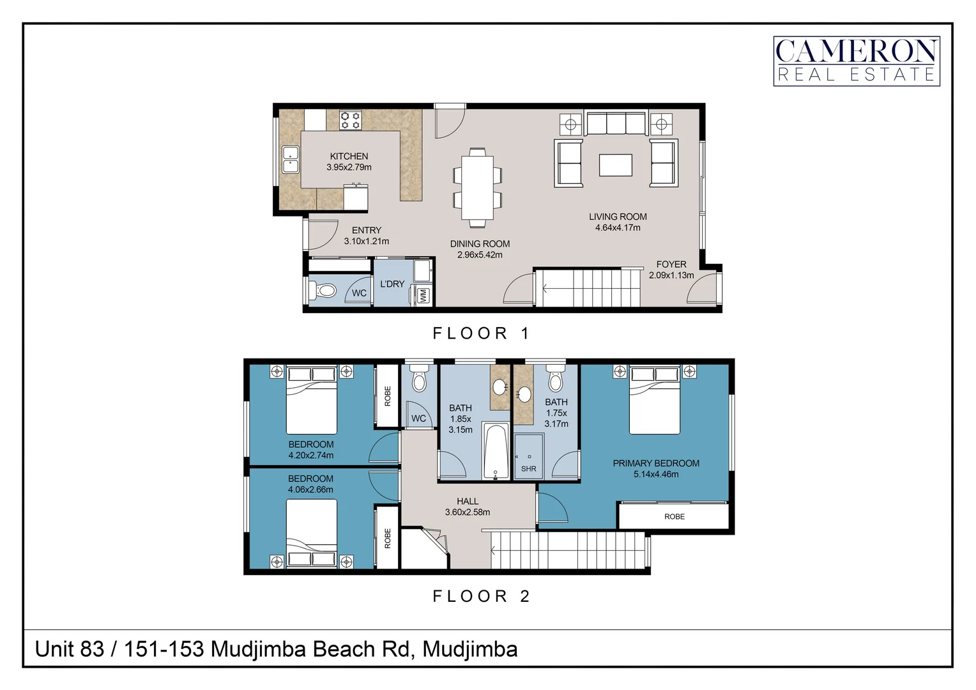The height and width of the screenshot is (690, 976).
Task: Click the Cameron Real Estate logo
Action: pos(856,61)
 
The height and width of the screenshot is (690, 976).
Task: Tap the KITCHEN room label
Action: pos(349,156)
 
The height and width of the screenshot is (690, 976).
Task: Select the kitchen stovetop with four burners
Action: pos(350,120)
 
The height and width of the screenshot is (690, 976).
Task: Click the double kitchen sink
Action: pos(291,160)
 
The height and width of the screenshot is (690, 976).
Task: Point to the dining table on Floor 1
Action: pos(477,187)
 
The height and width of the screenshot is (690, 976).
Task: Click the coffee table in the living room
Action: pos(615,165)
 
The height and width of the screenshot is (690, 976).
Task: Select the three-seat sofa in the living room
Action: pos(616,123)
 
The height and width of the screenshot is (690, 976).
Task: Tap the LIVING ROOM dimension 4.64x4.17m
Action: pos(618,228)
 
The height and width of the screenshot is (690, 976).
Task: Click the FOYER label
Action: pos(671,264)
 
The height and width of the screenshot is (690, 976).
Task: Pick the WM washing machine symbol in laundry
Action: pos(423,295)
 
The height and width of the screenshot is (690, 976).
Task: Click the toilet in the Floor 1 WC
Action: pos(324,291)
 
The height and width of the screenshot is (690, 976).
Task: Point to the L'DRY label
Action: pos(392,284)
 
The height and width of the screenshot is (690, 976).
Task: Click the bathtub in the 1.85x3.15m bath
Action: pos(496,451)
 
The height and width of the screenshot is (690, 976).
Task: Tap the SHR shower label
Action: pos(529,469)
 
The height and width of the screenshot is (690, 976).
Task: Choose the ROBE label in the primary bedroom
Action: pos(674,516)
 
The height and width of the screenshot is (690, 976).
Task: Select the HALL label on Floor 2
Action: pos(468,502)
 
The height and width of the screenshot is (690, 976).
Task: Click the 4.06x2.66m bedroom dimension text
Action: pos(310,490)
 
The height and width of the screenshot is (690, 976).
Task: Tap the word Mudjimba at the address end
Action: pos(470,649)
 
